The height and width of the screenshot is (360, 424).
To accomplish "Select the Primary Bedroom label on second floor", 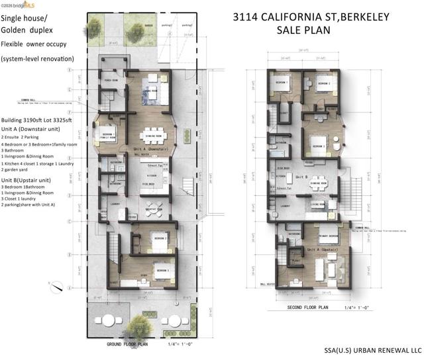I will pos(327,235).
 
